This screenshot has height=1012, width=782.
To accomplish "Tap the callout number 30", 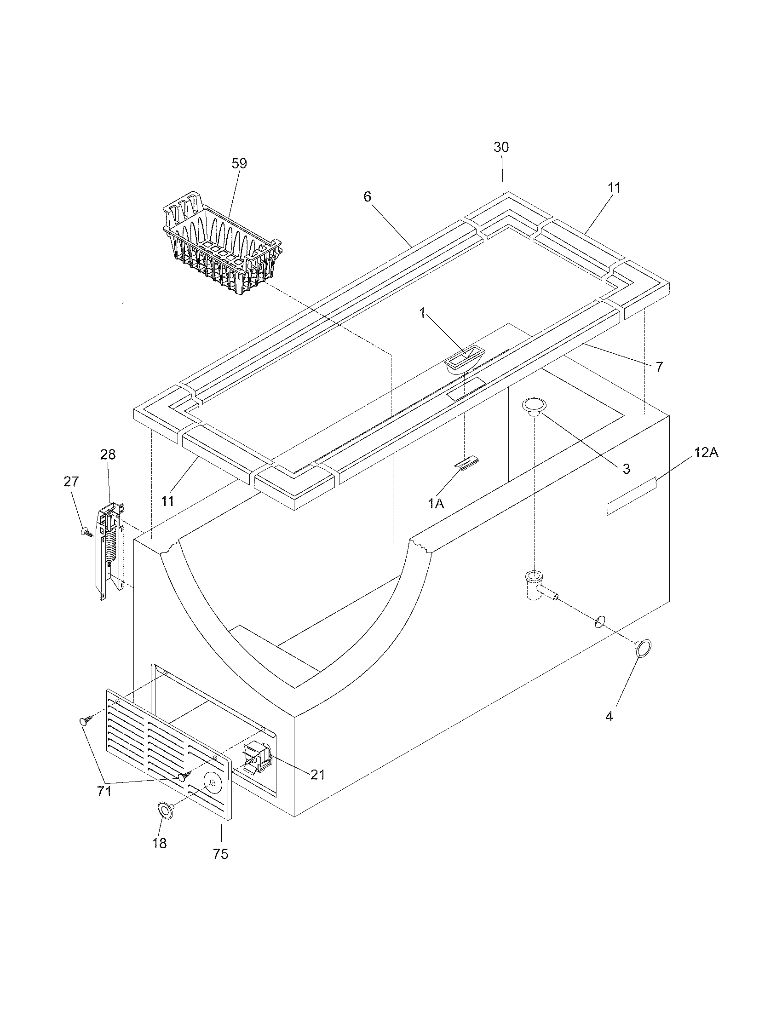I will pos(501,147).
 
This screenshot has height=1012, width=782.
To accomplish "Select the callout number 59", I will pos(239,164).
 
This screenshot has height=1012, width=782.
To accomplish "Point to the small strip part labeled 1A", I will pos(466,463).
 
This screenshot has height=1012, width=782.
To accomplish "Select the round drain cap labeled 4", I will pos(643,649).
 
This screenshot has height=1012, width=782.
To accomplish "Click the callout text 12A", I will pos(706,453).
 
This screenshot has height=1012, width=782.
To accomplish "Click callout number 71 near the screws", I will pos(104,792).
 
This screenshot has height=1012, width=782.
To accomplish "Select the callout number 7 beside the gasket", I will pos(659,368).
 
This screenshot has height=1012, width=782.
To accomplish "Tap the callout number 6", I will pos(367,197).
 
